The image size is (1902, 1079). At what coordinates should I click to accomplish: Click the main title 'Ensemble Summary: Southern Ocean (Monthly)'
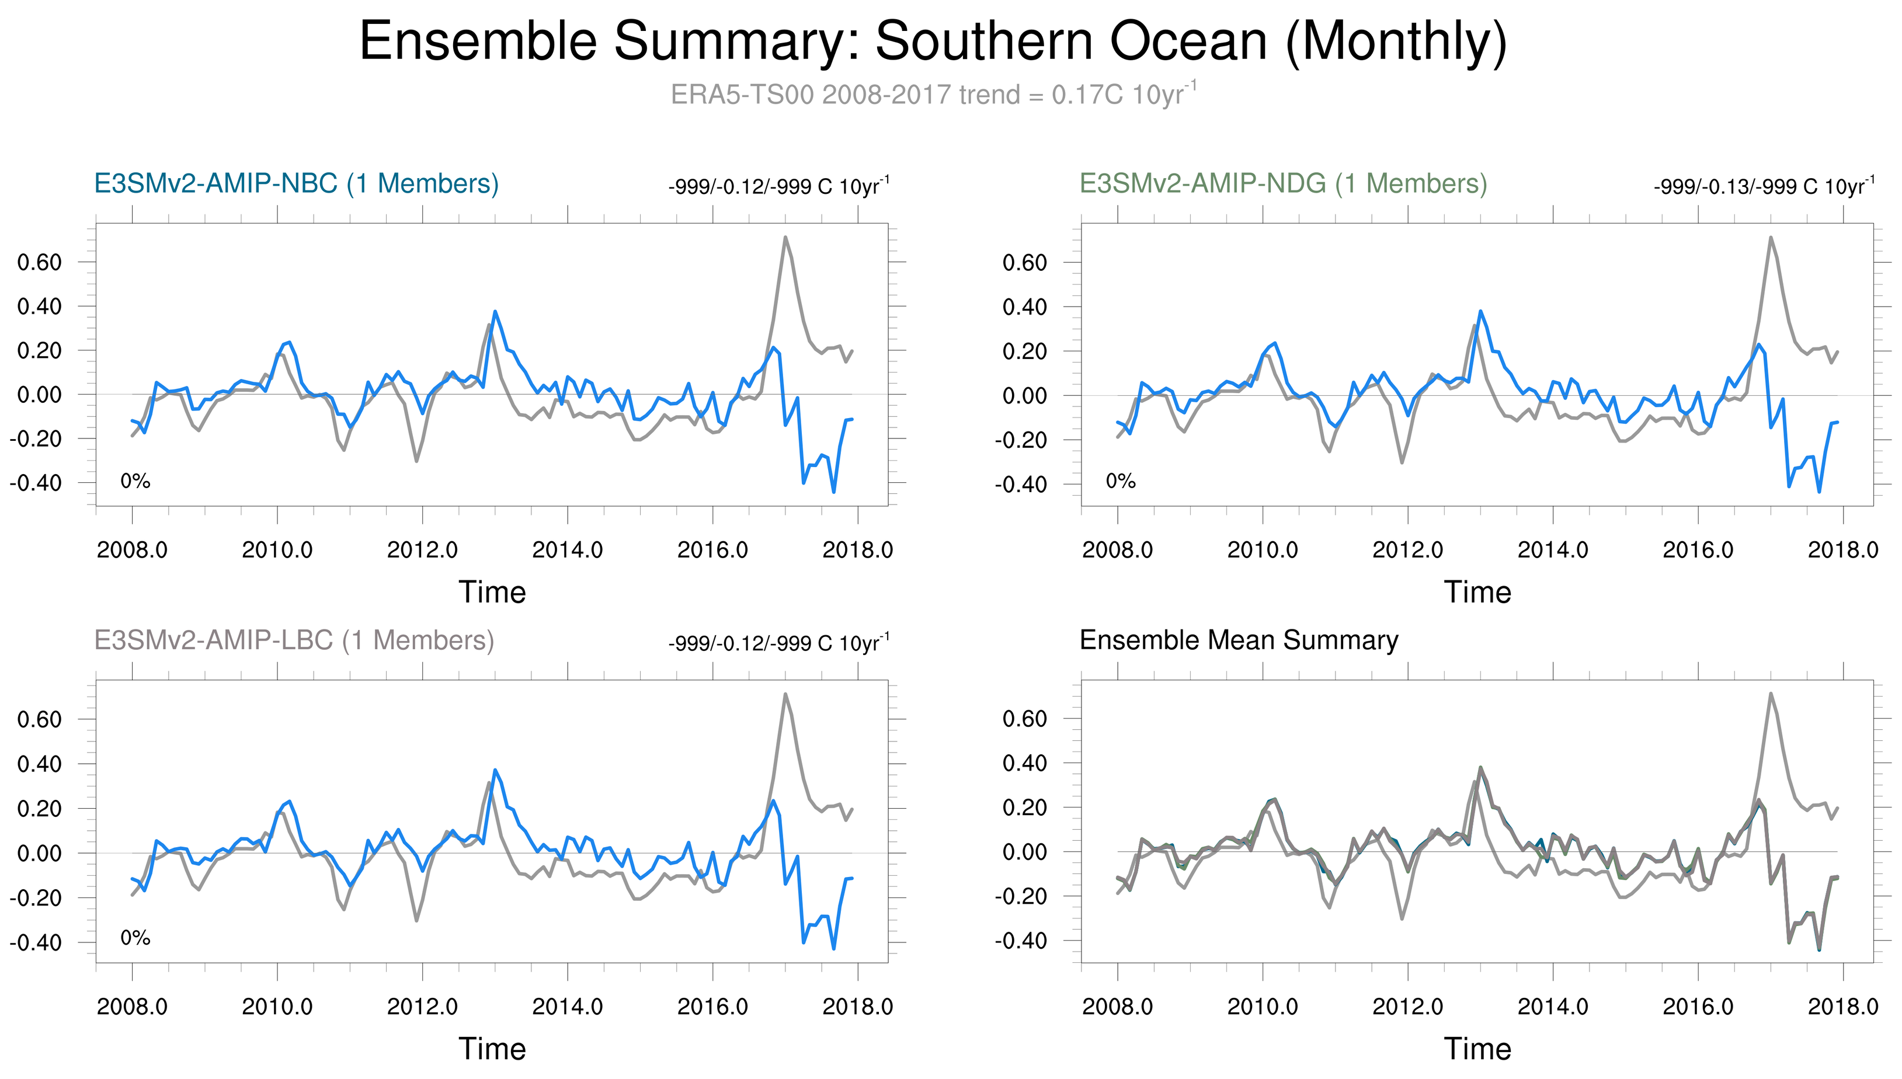(933, 41)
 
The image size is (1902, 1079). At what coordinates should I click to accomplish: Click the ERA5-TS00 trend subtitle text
(933, 95)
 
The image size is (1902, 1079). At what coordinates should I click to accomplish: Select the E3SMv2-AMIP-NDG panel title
(1282, 183)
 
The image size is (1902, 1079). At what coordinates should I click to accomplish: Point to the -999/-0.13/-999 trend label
(1764, 186)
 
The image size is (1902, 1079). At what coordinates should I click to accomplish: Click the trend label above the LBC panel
(778, 642)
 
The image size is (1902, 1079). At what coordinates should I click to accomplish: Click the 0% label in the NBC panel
(135, 482)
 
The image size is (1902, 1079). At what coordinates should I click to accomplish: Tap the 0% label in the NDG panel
(1120, 482)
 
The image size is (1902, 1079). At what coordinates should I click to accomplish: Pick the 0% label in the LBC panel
(135, 938)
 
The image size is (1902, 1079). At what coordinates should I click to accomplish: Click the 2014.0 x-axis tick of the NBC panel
(568, 550)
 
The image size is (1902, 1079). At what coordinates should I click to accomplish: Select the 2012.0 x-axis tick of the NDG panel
(1407, 550)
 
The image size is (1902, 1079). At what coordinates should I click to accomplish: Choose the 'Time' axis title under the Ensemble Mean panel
(1477, 1049)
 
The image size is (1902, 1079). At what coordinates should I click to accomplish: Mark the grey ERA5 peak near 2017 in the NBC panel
(785, 238)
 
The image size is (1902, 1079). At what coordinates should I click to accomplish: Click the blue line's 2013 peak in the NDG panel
(1480, 311)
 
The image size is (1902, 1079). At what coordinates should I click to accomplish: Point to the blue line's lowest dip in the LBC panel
(833, 949)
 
